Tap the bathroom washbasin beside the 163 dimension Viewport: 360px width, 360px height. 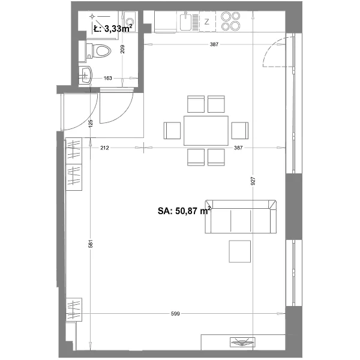coord(85,75)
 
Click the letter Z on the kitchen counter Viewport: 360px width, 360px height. coord(207,22)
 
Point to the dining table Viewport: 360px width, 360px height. coord(206,131)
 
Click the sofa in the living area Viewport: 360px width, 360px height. coord(241,217)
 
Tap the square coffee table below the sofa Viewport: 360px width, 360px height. coord(239,251)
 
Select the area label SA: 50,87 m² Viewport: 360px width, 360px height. coord(184,211)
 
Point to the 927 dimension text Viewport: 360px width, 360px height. coord(253,181)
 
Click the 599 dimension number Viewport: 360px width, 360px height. coord(175,313)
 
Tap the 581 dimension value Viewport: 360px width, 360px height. coord(91,244)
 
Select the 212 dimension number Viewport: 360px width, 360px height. coord(104,148)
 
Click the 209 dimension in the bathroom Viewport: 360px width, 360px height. coord(122,49)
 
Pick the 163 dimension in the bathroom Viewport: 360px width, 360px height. coord(107,78)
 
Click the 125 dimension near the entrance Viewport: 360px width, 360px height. coord(91,123)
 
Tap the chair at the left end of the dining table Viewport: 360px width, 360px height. coord(172,131)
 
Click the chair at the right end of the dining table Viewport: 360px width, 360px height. coord(240,131)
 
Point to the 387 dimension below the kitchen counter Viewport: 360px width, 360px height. coord(214,44)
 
